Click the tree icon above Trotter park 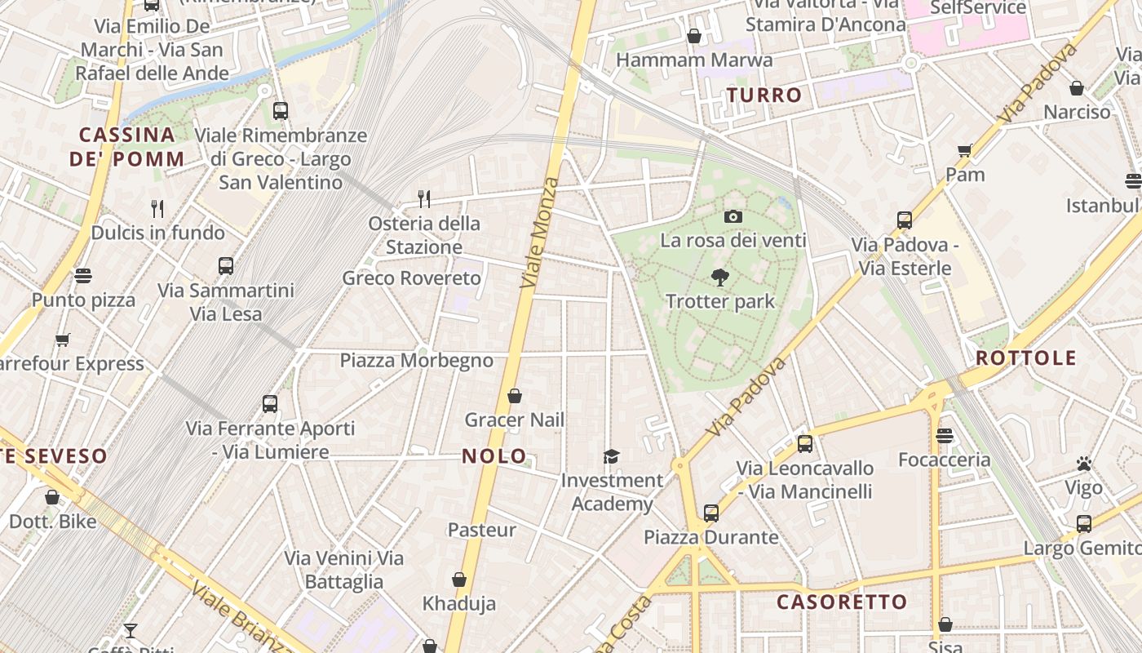719,278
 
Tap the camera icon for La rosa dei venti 733,216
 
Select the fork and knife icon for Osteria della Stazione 424,198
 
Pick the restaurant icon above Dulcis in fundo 157,209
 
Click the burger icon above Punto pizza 83,276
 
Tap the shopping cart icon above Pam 965,150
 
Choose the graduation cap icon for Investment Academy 611,456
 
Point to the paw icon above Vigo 1083,464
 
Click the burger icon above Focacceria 945,436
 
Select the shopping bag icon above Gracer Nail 515,396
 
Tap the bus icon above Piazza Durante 711,513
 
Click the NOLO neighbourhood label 494,456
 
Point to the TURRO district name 764,95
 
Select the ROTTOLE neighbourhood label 1025,358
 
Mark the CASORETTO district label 841,602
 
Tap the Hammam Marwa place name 694,60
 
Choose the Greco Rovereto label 411,278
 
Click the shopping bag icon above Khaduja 459,580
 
